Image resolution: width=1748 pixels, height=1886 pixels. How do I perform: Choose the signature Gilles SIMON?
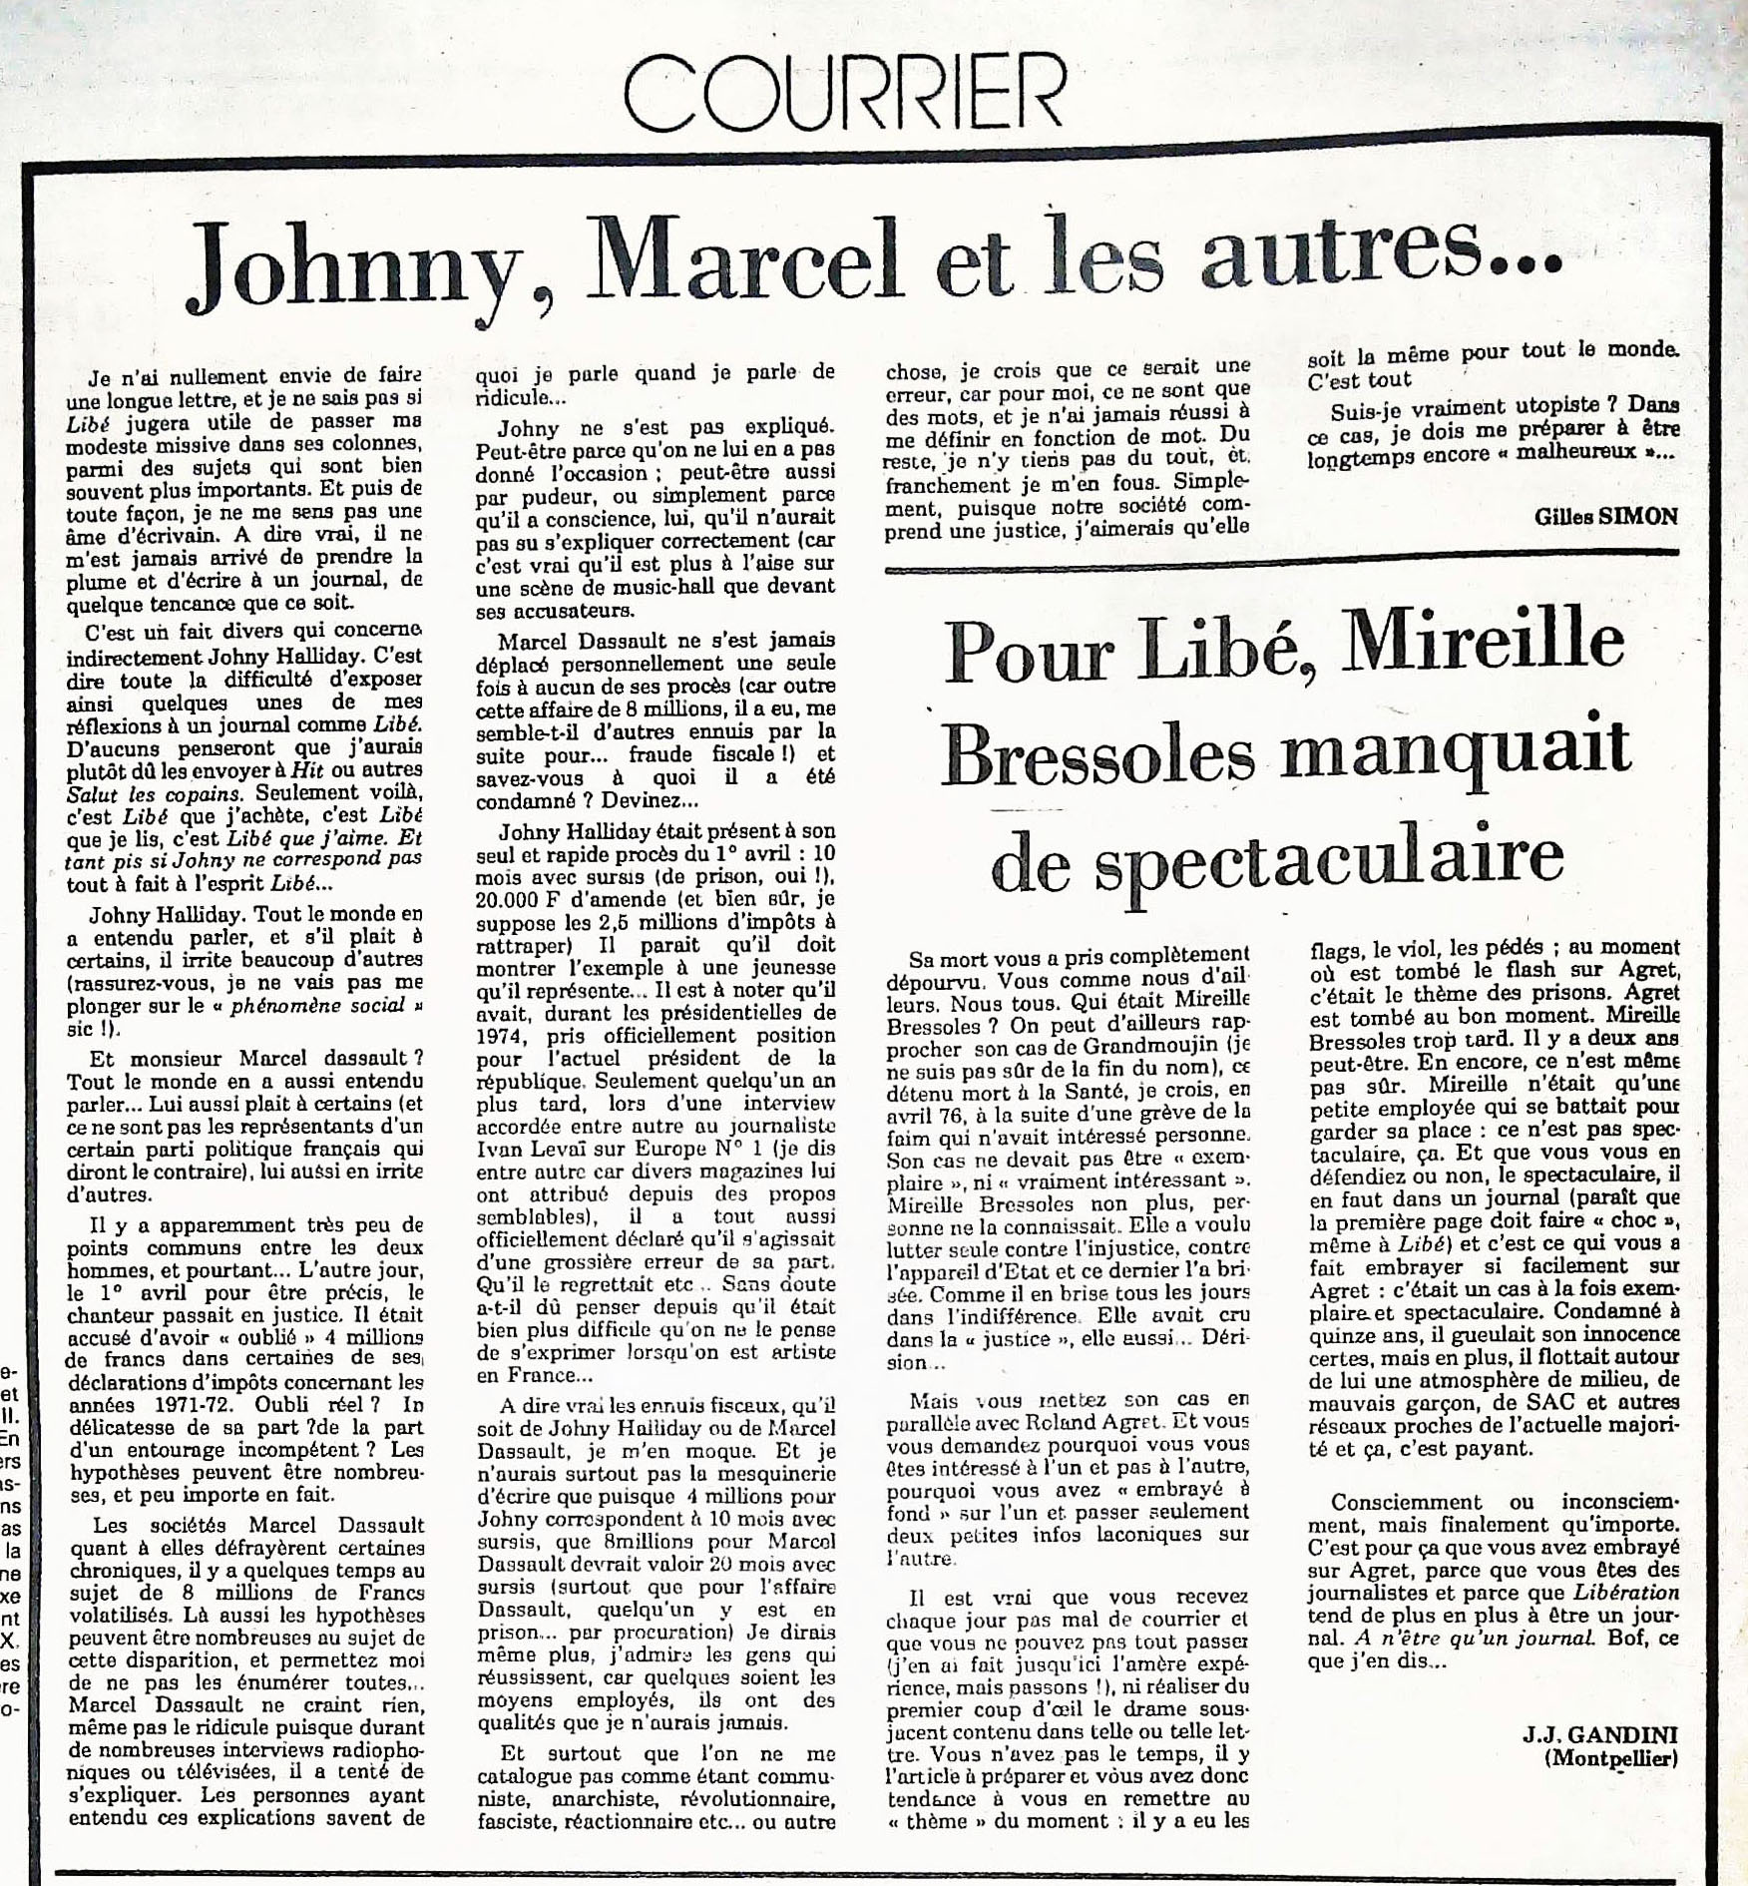1606,516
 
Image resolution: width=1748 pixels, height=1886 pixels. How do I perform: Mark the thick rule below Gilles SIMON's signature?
1282,559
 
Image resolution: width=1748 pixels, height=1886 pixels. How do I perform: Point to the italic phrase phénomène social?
316,1005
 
